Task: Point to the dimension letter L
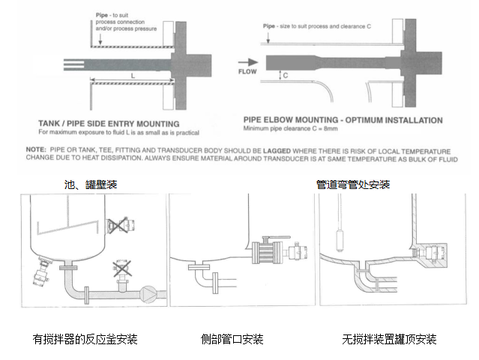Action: pos(132,76)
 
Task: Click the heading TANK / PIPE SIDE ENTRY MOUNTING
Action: pos(109,123)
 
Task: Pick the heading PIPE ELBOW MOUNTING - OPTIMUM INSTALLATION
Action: pos(343,120)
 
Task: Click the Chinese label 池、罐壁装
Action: pos(91,184)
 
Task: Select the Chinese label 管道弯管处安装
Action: pos(352,184)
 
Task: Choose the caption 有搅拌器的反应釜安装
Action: pos(85,339)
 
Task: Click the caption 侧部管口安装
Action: pos(232,339)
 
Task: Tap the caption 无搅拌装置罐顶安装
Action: pos(389,339)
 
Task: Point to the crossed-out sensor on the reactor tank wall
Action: pos(117,225)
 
